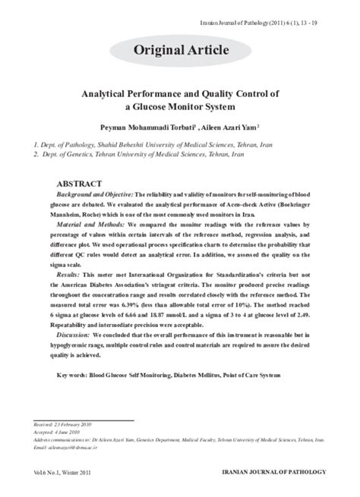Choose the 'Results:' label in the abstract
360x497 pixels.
(x=77, y=273)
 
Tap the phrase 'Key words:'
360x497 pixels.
(x=76, y=375)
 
